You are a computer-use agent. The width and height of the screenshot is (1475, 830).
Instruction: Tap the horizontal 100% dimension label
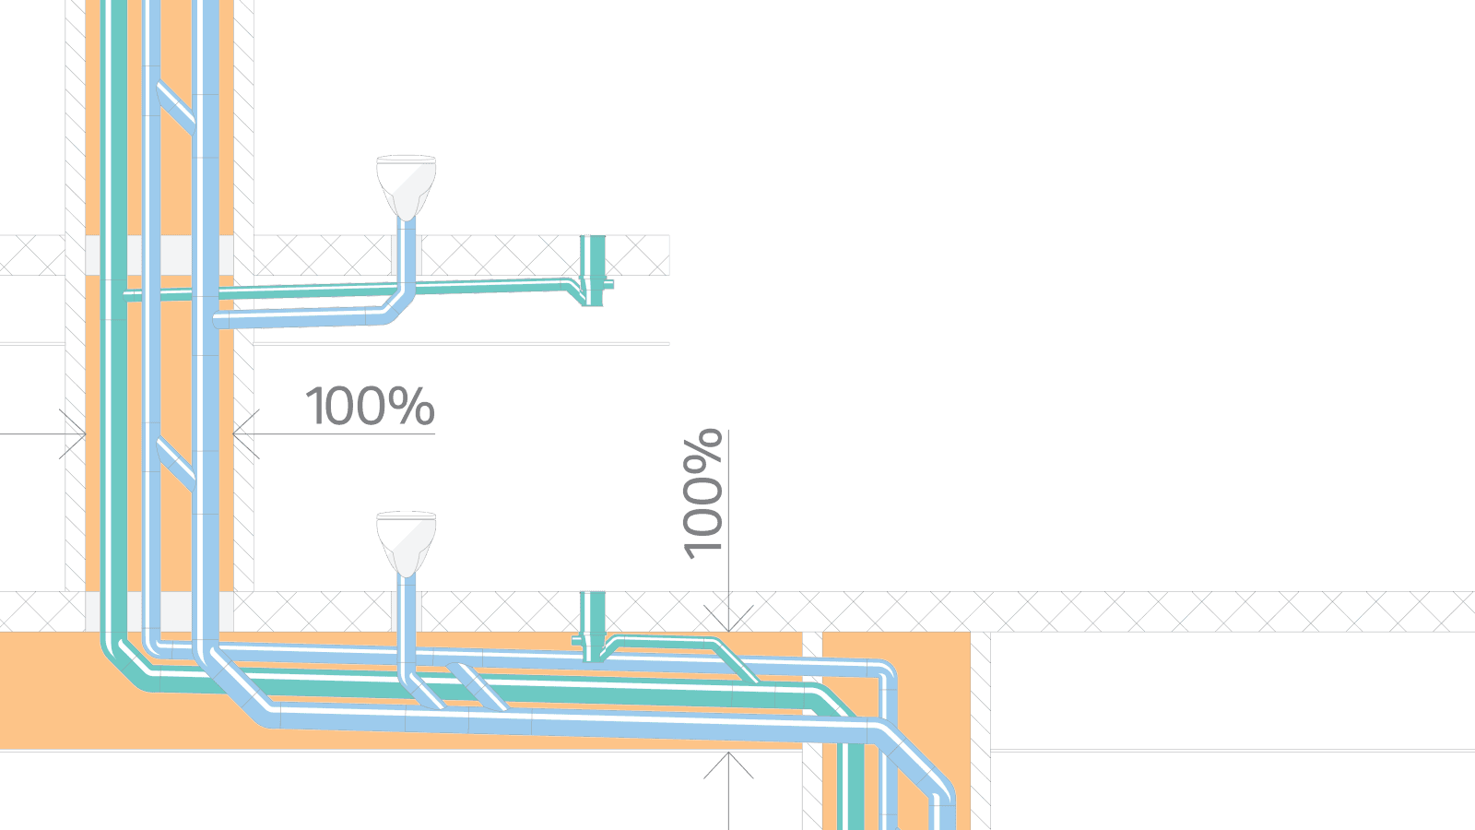point(369,406)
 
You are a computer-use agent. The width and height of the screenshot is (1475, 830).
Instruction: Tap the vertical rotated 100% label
point(702,493)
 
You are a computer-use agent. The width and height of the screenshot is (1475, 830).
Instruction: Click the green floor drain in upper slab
point(593,267)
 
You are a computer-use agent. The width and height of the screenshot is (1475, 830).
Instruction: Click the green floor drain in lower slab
point(593,625)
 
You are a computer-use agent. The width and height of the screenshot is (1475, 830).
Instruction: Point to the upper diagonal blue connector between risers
point(175,107)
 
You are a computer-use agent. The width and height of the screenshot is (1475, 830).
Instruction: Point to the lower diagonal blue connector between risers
point(175,464)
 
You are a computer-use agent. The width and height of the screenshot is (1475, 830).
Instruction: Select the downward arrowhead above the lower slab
point(728,620)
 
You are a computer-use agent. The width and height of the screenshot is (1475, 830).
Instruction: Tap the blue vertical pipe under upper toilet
point(406,254)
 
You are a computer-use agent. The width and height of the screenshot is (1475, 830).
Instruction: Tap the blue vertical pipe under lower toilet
point(406,613)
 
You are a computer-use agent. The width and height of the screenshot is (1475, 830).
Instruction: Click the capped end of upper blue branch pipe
point(220,321)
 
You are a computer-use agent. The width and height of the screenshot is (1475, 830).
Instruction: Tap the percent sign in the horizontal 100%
point(411,406)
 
